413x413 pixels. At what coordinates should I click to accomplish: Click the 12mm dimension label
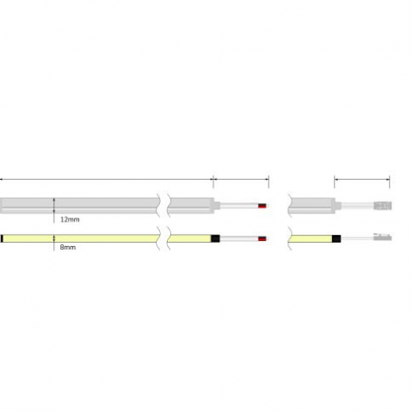coord(70,219)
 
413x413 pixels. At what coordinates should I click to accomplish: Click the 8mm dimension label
coord(67,247)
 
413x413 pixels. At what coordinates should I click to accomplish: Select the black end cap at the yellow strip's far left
coord(3,237)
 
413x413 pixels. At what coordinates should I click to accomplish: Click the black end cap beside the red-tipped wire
coord(217,237)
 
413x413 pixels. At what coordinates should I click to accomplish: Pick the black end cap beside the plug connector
coord(340,237)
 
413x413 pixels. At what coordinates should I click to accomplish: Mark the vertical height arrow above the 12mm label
coord(54,206)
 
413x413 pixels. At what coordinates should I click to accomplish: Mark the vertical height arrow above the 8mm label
coord(54,237)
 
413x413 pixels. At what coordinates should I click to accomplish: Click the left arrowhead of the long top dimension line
coord(2,179)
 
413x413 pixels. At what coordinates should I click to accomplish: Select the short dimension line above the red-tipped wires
coord(241,179)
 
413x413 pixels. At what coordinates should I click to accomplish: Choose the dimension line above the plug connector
coord(362,179)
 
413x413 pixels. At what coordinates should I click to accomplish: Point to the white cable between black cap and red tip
coord(239,237)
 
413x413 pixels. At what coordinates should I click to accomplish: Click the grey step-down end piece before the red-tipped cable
coord(217,206)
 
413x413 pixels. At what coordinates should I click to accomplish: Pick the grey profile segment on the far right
coord(312,206)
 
